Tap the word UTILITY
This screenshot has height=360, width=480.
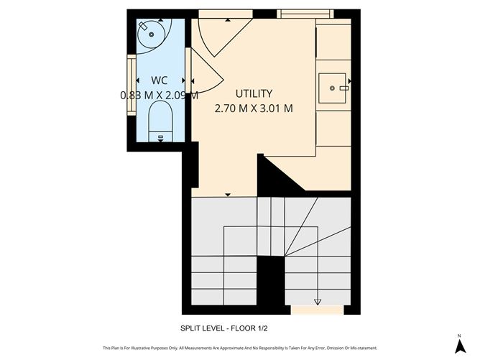[254, 93]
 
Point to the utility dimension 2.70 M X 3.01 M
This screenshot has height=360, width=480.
[254, 109]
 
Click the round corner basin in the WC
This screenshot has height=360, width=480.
[150, 34]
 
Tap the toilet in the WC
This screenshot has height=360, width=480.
[160, 122]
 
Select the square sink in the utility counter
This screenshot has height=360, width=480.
[333, 88]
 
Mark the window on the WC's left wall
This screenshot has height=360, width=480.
[131, 85]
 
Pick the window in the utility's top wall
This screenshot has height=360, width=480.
[305, 13]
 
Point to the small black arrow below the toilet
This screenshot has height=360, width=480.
[160, 141]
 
